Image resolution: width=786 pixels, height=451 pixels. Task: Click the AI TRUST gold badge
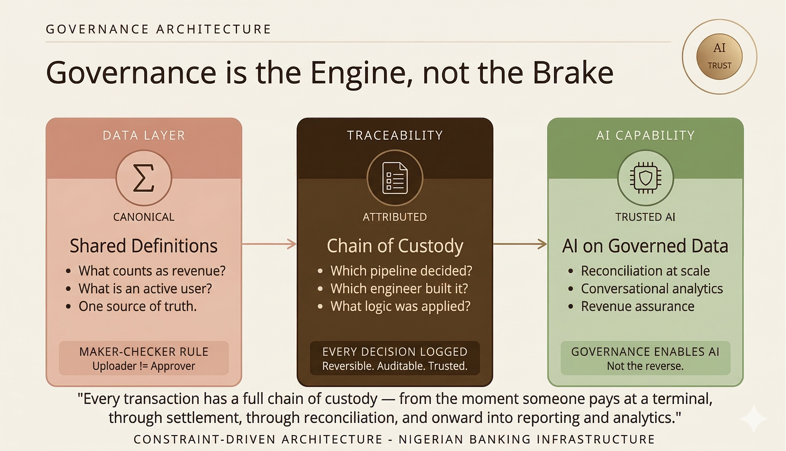click(719, 57)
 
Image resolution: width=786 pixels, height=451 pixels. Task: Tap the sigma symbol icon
click(144, 178)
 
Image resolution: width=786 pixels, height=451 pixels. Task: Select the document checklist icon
click(395, 178)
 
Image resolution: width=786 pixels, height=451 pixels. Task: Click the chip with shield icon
click(645, 178)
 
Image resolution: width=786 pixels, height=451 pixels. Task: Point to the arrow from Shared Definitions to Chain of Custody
click(269, 244)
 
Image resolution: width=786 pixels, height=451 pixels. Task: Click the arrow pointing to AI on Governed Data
click(520, 244)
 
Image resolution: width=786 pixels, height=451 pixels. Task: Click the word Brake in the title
click(573, 73)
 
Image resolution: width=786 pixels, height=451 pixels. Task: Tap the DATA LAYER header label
click(144, 135)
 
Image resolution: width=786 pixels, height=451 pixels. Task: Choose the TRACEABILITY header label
click(395, 135)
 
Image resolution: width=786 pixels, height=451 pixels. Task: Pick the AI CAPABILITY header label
click(645, 135)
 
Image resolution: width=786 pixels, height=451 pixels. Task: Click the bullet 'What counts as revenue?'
click(152, 271)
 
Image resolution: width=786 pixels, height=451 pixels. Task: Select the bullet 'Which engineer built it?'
click(399, 288)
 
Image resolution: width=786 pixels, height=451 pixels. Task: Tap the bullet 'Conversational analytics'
click(652, 288)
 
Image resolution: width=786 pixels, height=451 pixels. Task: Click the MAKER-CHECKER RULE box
click(144, 358)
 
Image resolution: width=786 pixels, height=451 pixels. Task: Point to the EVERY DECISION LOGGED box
click(395, 358)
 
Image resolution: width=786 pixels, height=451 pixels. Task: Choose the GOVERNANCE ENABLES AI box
click(645, 358)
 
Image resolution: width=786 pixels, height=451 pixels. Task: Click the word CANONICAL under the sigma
click(144, 217)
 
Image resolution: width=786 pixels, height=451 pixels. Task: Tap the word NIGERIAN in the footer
click(430, 439)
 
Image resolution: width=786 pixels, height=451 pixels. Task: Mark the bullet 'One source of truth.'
click(137, 306)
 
